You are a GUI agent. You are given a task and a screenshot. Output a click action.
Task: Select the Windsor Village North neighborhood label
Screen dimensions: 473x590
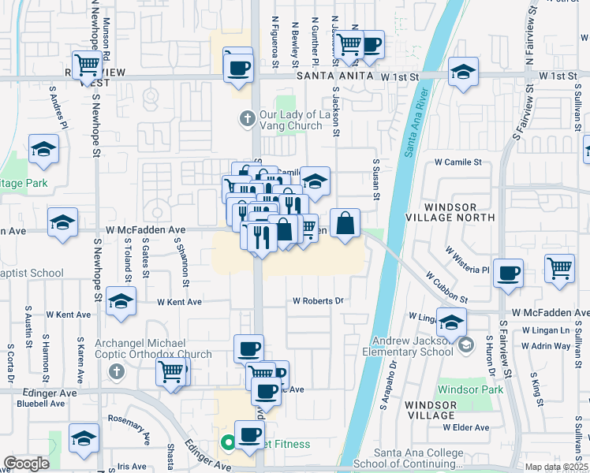[461, 211]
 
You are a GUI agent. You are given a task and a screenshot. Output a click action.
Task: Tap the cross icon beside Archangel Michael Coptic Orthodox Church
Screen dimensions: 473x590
[117, 371]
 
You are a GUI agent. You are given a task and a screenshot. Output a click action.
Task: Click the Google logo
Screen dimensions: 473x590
[26, 464]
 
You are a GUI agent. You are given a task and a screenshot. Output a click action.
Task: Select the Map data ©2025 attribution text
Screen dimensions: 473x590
[556, 467]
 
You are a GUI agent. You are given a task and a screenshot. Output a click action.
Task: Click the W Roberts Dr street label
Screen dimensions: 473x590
[319, 300]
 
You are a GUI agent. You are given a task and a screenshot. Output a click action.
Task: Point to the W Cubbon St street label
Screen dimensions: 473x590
[446, 289]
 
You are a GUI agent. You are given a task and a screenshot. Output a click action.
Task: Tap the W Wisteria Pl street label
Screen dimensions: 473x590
[467, 261]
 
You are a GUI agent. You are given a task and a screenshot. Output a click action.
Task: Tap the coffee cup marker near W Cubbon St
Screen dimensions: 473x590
[508, 273]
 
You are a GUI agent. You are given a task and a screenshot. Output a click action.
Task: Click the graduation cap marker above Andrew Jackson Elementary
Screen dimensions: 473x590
[451, 322]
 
